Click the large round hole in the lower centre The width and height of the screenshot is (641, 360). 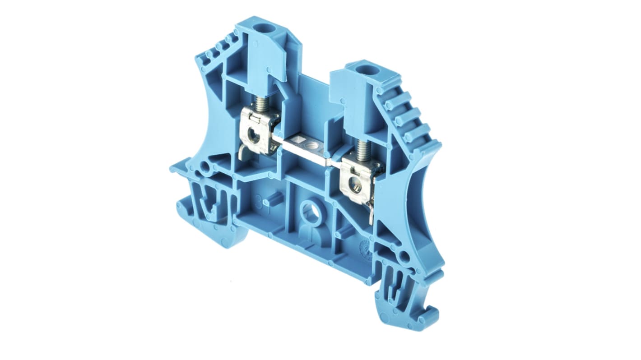pos(310,211)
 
